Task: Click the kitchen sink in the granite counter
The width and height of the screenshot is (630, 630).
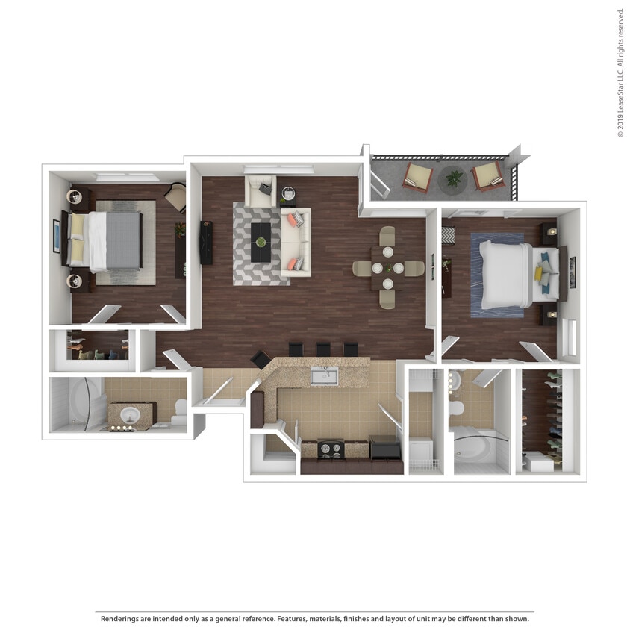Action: point(324,375)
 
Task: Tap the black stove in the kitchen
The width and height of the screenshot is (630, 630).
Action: point(331,449)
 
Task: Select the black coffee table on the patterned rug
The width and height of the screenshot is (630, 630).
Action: point(261,242)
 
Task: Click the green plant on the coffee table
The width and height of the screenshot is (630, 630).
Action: point(261,241)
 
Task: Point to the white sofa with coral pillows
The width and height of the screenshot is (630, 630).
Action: point(295,242)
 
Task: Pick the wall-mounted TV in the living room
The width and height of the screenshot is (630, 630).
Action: point(206,242)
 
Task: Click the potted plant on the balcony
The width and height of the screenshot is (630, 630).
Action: point(454,178)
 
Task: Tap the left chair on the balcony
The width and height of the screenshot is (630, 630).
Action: point(418,178)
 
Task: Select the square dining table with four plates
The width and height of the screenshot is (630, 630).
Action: point(387,268)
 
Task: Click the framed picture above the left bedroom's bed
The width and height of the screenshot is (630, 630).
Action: point(57,236)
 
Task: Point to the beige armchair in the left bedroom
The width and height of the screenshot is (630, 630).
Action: point(176,197)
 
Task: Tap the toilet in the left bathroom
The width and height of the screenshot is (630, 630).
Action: point(179,411)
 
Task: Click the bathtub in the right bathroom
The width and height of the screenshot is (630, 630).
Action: point(472,447)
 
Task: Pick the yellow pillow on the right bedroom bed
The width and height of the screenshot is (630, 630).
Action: point(538,274)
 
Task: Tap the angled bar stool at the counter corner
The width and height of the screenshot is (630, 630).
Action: point(261,359)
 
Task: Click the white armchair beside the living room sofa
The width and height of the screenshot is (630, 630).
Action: point(261,192)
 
